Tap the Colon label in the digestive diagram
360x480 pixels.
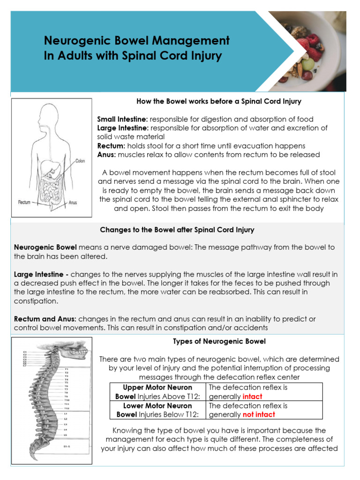[80, 160]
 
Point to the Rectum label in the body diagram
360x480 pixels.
[24, 202]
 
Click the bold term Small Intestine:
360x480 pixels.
[122, 119]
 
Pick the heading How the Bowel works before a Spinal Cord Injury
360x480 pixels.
[218, 101]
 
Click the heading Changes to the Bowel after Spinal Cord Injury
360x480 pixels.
[177, 230]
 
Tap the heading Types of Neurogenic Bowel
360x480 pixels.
[219, 341]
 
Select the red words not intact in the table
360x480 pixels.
[259, 414]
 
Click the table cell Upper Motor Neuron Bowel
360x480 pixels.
[157, 392]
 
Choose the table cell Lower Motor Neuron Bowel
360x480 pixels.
[157, 410]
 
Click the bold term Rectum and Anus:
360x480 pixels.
[41, 319]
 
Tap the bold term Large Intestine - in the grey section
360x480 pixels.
[41, 274]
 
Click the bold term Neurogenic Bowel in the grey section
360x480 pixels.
[45, 247]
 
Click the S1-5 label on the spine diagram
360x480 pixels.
[67, 447]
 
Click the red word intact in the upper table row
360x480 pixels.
[253, 397]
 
